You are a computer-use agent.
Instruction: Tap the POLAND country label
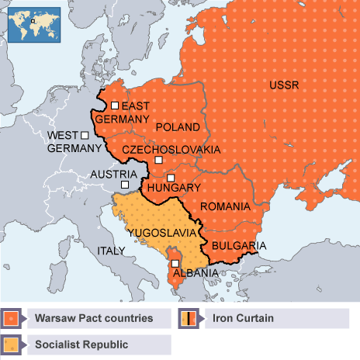tap(178, 126)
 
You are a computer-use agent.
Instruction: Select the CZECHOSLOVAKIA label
tap(171, 149)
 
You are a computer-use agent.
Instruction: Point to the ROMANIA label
tap(225, 206)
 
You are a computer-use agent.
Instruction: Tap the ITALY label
tap(110, 251)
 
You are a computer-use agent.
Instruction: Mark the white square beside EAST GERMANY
tap(115, 106)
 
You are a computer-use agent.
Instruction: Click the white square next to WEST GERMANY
tap(84, 135)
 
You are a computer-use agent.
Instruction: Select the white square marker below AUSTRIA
tap(125, 185)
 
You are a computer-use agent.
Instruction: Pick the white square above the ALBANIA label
tap(175, 263)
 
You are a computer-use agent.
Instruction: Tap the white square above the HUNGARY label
tap(171, 178)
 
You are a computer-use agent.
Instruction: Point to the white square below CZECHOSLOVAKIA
tap(158, 160)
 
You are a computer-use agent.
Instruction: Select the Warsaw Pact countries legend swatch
tap(12, 318)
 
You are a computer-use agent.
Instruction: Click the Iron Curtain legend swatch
tap(189, 318)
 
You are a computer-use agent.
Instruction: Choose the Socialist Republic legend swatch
tap(12, 343)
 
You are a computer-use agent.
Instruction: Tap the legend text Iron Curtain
tap(241, 318)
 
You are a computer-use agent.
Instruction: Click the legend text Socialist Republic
tap(80, 343)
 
